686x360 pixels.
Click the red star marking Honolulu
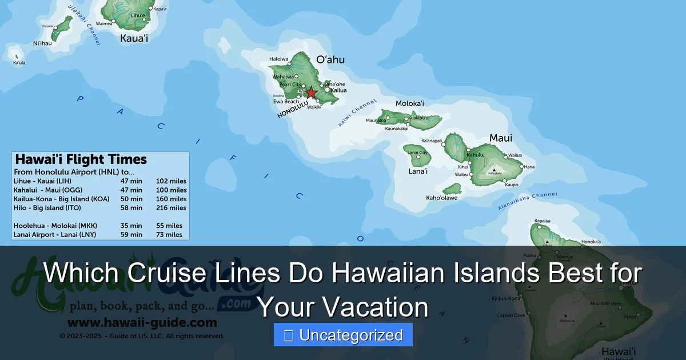tap(310, 93)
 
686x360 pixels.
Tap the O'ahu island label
tap(330, 59)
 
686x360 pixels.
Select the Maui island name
tap(500, 138)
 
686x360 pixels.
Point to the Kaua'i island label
tap(134, 39)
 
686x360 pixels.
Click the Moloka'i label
tap(410, 103)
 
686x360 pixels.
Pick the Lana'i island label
tap(418, 171)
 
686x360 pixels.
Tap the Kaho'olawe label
tap(442, 198)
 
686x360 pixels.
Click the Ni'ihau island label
tap(42, 43)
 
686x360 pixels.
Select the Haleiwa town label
tap(279, 59)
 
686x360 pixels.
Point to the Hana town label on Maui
tap(529, 167)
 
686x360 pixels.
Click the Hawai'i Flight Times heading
tap(81, 159)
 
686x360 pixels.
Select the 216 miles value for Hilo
tap(171, 208)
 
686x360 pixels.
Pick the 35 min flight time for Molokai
tap(131, 226)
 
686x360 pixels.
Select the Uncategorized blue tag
tap(343, 335)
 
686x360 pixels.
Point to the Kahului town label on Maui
tap(476, 155)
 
